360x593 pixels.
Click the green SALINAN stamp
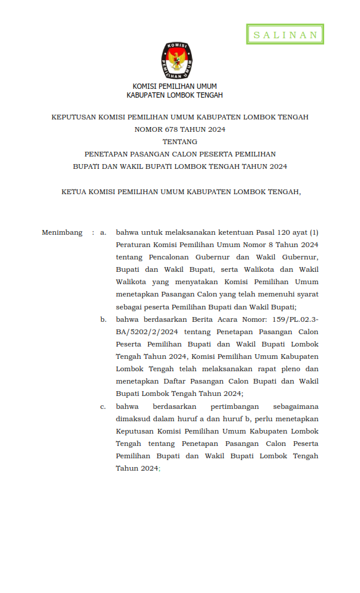pos(285,35)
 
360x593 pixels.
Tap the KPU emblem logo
pos(177,61)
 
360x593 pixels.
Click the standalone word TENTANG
pos(179,142)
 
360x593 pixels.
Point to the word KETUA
pos(73,191)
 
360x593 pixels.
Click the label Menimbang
pos(62,232)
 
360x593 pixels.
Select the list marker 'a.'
pos(104,232)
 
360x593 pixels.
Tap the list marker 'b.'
pos(104,319)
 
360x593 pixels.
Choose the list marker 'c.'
pos(104,407)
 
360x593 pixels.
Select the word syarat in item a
pos(306,294)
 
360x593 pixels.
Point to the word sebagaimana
pos(296,407)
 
